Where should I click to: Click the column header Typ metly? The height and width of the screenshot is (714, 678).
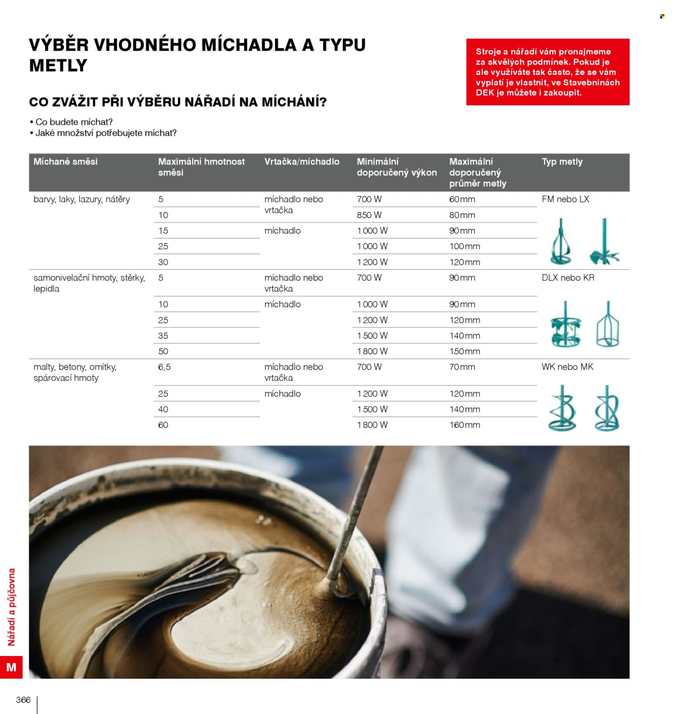point(561,162)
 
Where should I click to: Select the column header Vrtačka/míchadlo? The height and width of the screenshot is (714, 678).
point(302,162)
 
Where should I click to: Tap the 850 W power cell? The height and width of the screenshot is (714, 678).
point(369,215)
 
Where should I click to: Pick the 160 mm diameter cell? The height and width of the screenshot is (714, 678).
point(464,425)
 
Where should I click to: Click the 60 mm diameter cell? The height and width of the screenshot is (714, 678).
point(462,199)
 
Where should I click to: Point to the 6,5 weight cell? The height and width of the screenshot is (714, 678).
point(164,367)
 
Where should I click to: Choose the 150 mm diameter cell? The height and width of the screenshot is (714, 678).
point(464,351)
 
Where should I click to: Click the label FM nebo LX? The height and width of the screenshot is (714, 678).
point(565,199)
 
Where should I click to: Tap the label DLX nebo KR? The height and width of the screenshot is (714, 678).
point(567,278)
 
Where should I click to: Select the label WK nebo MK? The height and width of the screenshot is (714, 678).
point(567,367)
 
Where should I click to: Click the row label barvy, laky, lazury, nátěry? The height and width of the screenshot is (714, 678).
point(82,199)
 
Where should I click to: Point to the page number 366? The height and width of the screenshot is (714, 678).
point(23,699)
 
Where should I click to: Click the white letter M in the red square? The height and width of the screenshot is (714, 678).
point(11,667)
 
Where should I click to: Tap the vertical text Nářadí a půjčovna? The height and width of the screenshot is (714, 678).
point(11,607)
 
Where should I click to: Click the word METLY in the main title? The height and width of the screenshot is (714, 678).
point(58,66)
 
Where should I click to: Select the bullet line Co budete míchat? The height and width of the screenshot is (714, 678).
point(71,122)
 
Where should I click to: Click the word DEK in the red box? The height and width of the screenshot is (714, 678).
point(485,93)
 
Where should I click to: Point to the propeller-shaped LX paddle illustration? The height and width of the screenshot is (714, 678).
point(605,243)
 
